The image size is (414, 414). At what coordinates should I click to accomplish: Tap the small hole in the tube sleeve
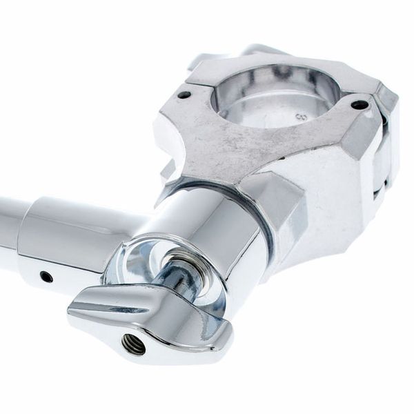click(x=46, y=277)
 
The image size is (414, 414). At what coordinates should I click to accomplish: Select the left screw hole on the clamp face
click(x=184, y=95)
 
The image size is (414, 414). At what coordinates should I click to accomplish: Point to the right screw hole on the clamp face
click(x=359, y=106)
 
